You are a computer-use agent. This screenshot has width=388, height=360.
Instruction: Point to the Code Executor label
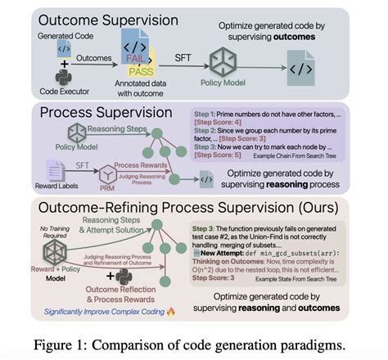click(x=60, y=92)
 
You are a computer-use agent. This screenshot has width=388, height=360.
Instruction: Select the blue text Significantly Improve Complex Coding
click(x=92, y=312)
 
